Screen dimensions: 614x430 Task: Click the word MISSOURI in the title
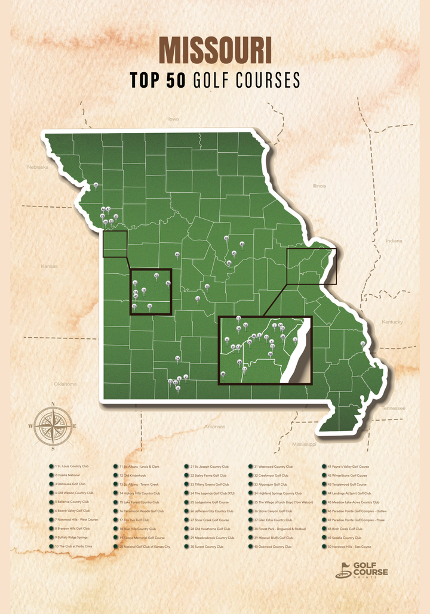pos(215,51)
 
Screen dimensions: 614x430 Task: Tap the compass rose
pos(53,426)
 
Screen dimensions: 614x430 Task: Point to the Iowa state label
pos(173,119)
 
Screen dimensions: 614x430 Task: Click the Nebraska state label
pos(37,167)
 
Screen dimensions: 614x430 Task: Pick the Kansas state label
pos(49,266)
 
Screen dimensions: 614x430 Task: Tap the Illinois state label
pos(320,186)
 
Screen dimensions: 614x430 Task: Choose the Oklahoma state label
pos(65,384)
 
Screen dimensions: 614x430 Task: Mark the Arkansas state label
pos(214,427)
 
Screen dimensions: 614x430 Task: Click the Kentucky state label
pos(392,322)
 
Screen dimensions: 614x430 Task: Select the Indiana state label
pos(394,241)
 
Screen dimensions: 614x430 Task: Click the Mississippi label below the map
pos(304,445)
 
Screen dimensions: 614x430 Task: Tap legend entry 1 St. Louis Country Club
pos(72,467)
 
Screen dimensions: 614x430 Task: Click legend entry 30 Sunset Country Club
pos(207,547)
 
